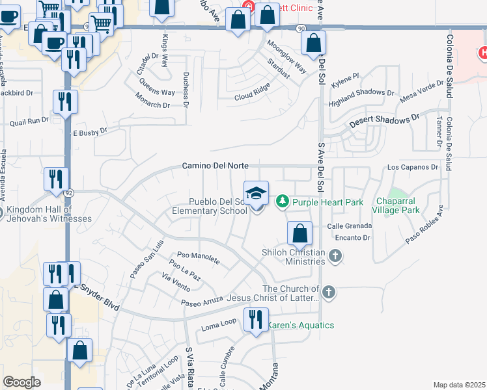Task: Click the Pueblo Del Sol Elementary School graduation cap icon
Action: (x=257, y=192)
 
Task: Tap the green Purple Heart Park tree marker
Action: (x=283, y=202)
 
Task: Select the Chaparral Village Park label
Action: (x=404, y=206)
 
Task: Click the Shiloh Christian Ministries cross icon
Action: (x=336, y=255)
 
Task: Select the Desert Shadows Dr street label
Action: (x=383, y=120)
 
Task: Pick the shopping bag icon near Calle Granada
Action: (x=299, y=233)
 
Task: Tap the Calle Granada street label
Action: (x=349, y=226)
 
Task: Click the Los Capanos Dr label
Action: (x=413, y=167)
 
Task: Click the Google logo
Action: (x=22, y=382)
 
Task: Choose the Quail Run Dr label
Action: (x=29, y=120)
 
